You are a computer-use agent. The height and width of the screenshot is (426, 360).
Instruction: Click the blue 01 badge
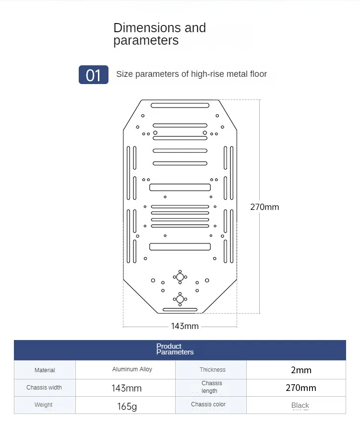tap(94, 75)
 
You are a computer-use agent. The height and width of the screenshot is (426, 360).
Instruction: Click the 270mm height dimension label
tap(264, 207)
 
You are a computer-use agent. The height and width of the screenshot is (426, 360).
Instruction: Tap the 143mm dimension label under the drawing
tap(185, 326)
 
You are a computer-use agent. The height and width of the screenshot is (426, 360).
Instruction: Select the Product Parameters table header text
tap(175, 349)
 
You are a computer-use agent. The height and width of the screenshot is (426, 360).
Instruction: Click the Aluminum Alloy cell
tap(132, 369)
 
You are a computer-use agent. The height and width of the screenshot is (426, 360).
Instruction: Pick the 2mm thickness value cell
tap(301, 370)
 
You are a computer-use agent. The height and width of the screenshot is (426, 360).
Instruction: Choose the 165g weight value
tap(127, 406)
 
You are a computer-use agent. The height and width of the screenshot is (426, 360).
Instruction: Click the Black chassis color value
tap(300, 405)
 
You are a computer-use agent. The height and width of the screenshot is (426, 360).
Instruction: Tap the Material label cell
tap(45, 370)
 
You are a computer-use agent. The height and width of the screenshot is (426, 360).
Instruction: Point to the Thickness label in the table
tap(213, 370)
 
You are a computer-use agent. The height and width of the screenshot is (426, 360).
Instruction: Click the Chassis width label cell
tap(44, 388)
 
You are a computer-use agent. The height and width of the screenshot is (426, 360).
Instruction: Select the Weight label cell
tap(44, 405)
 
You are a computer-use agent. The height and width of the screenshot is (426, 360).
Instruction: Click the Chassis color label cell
tap(208, 404)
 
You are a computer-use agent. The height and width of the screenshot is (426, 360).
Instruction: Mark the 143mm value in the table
tap(126, 388)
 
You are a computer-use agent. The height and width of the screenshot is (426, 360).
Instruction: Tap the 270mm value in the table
tap(301, 388)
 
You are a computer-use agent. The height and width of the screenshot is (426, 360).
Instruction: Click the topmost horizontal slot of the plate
tap(180, 105)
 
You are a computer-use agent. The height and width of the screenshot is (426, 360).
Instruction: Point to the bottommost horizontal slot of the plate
tap(180, 310)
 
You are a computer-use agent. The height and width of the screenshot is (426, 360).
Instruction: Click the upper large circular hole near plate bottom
tap(180, 277)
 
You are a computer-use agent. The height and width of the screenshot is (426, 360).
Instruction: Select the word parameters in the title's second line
tap(146, 41)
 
